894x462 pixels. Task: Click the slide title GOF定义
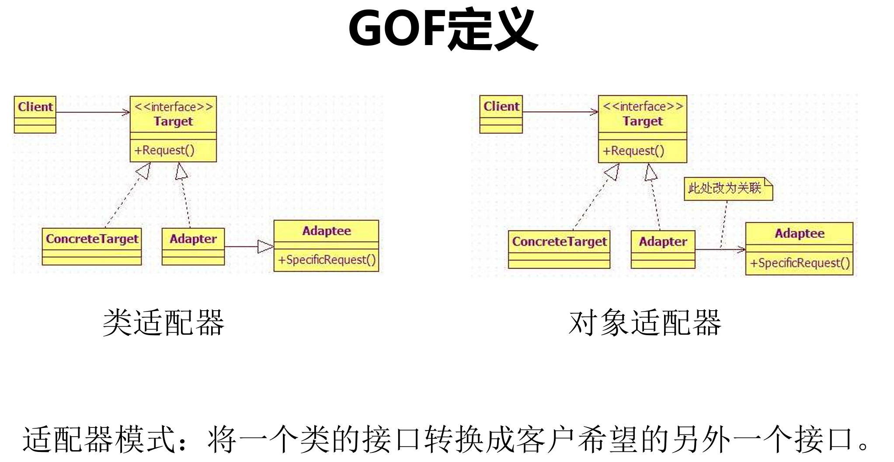click(x=443, y=29)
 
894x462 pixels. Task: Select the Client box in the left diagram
click(x=35, y=114)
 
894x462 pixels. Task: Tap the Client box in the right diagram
click(x=501, y=114)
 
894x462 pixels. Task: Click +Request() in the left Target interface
click(x=164, y=150)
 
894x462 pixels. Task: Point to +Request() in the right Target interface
click(x=633, y=151)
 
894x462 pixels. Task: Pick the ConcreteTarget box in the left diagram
click(x=92, y=246)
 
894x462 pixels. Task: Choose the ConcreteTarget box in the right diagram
click(x=559, y=249)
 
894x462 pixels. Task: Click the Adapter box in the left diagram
click(x=193, y=246)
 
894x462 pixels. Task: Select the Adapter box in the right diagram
click(x=663, y=249)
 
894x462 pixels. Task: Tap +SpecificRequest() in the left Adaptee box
click(x=327, y=260)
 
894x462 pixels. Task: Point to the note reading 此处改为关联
click(x=727, y=189)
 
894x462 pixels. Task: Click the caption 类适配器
click(x=163, y=322)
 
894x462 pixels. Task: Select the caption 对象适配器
click(x=645, y=322)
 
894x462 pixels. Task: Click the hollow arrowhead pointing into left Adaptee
click(x=265, y=247)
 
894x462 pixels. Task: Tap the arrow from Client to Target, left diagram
click(x=93, y=113)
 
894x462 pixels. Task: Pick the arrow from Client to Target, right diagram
click(x=560, y=112)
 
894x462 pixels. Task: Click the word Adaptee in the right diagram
click(x=800, y=234)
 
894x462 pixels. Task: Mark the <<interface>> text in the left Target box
click(x=174, y=107)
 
